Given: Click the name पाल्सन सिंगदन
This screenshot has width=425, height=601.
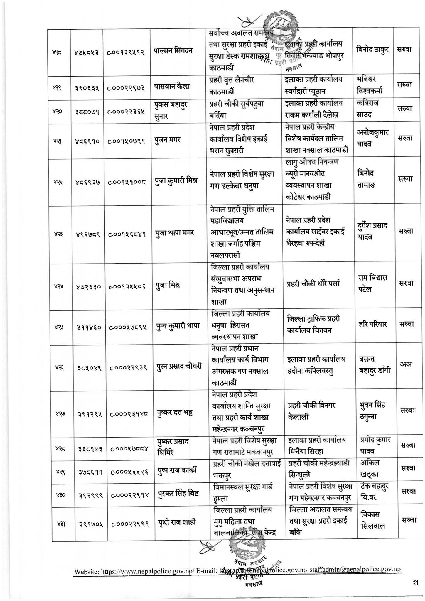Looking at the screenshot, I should [x=173, y=50].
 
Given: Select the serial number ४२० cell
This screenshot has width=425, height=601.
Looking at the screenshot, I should [x=61, y=112].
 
